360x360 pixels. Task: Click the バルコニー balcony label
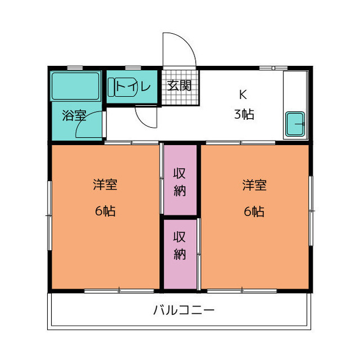click(183, 310)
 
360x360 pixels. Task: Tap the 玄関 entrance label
click(179, 86)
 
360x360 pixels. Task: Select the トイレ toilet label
click(133, 87)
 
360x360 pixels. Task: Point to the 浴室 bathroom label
click(74, 116)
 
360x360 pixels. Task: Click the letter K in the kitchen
click(244, 94)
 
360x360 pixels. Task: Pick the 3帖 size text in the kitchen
click(244, 114)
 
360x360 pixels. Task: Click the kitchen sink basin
click(295, 124)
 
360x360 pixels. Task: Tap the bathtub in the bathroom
click(76, 86)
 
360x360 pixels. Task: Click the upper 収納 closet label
click(179, 180)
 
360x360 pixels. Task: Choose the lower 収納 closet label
click(179, 245)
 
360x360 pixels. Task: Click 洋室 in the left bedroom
click(105, 184)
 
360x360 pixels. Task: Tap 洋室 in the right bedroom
click(254, 184)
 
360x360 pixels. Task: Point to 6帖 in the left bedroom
click(105, 211)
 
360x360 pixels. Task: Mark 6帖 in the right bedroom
click(254, 211)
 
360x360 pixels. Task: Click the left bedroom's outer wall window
click(49, 214)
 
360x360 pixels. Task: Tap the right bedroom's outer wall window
click(310, 210)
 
